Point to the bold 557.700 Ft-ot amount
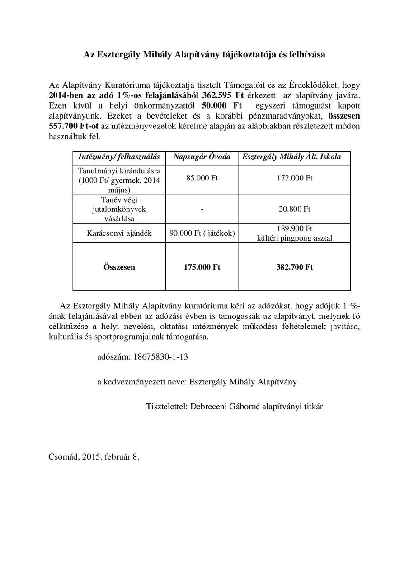(70, 125)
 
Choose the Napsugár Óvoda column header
(202, 157)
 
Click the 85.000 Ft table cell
(202, 178)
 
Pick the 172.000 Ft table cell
(294, 178)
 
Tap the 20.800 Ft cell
(294, 209)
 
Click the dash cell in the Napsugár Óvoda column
(202, 209)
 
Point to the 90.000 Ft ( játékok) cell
(202, 233)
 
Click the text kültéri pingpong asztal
(294, 238)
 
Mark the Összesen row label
(119, 267)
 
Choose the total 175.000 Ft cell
(202, 267)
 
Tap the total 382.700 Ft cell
(294, 267)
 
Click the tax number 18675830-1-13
(161, 356)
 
